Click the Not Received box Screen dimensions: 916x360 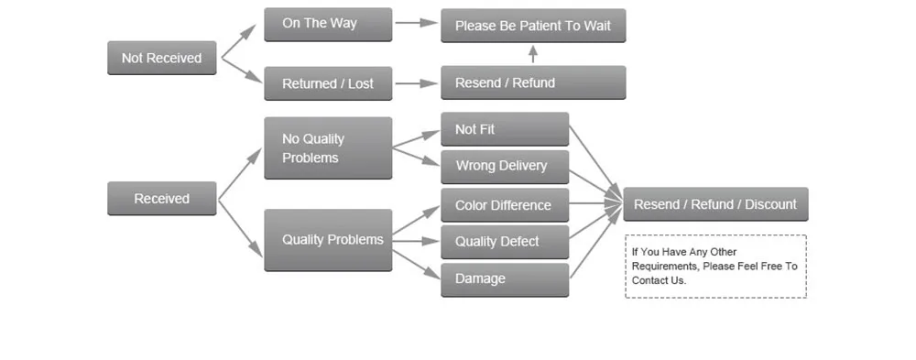[x=162, y=58]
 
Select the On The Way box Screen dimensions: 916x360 [x=328, y=25]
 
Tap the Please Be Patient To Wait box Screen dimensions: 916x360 [x=533, y=26]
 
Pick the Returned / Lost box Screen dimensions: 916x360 [x=328, y=83]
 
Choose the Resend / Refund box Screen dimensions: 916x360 [x=533, y=82]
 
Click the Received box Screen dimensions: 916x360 [x=162, y=198]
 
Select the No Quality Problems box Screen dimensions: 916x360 [x=328, y=147]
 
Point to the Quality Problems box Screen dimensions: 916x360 [x=328, y=240]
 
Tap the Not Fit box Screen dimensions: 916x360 [x=505, y=129]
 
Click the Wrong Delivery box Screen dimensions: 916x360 [x=505, y=167]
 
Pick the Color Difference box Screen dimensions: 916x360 [x=505, y=205]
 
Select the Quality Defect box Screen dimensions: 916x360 [x=505, y=242]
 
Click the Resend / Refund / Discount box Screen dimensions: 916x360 [x=715, y=204]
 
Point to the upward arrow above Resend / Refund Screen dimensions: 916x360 [x=533, y=54]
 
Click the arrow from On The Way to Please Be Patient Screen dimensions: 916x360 [x=417, y=23]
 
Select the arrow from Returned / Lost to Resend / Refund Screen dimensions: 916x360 [x=417, y=83]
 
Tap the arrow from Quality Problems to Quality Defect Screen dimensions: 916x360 [x=415, y=241]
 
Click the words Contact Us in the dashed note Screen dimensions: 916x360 [x=659, y=280]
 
